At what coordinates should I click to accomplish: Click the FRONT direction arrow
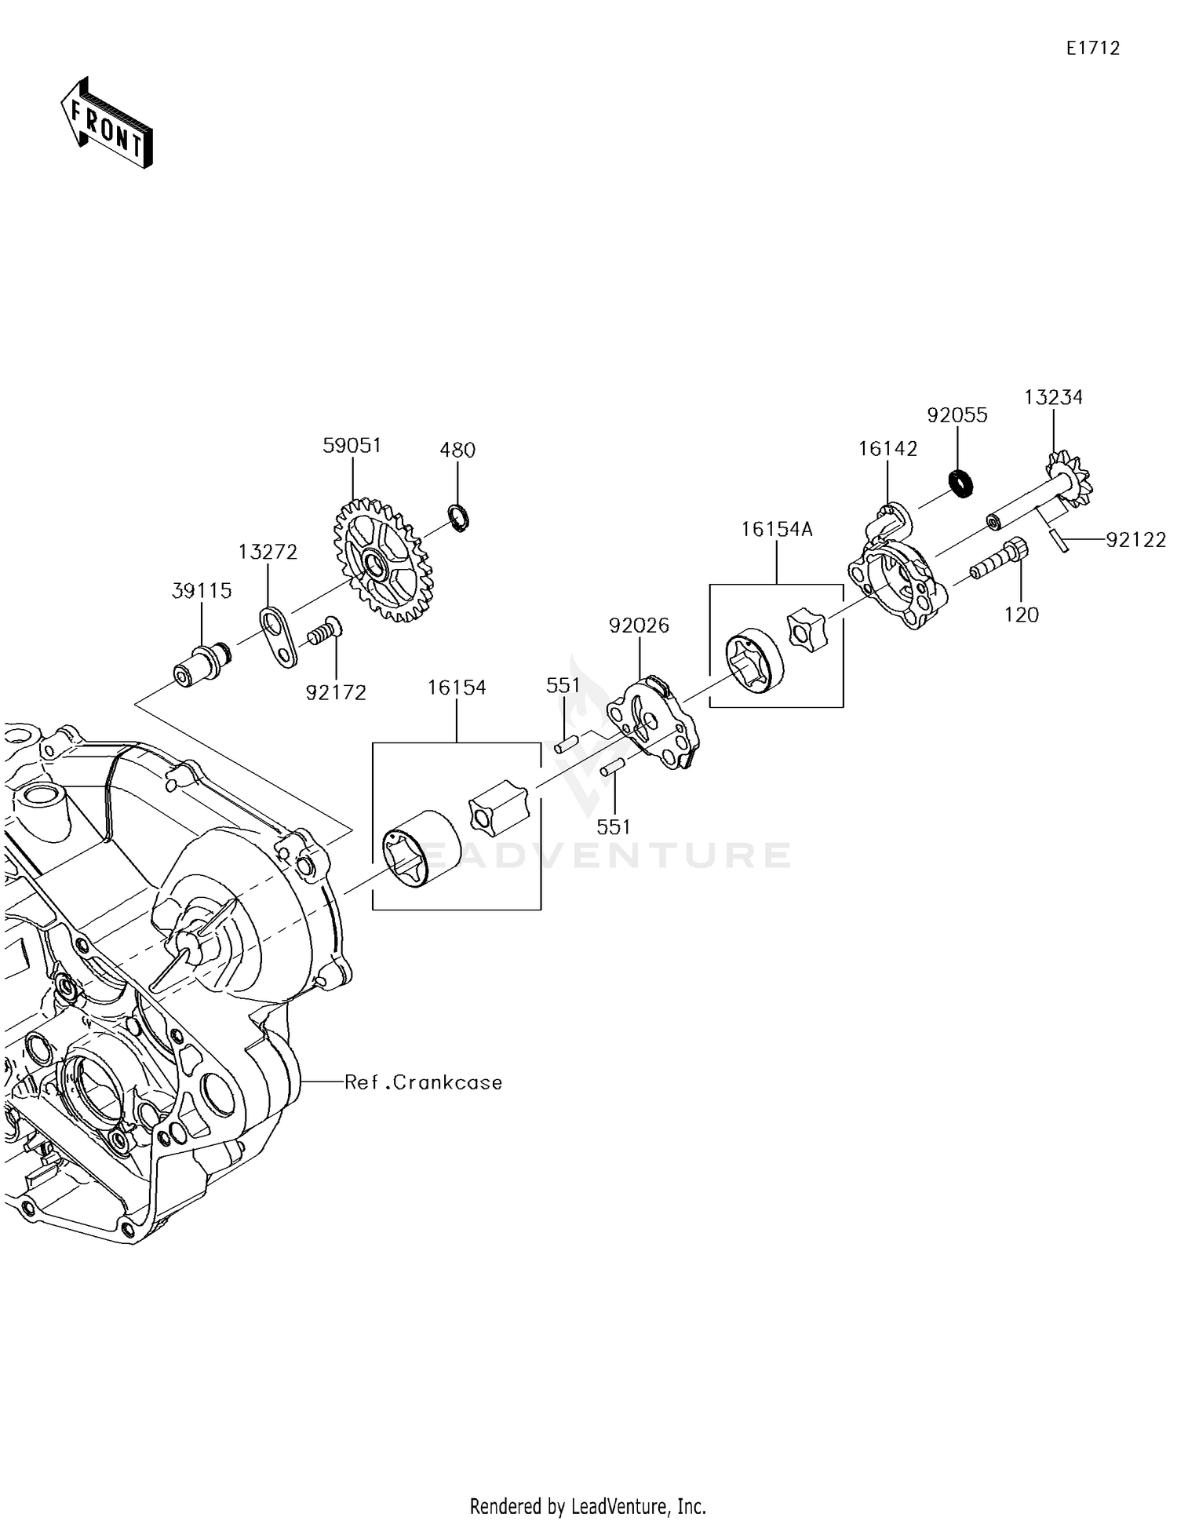(x=107, y=123)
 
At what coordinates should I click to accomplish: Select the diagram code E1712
(x=1092, y=49)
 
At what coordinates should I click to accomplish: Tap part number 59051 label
(x=352, y=446)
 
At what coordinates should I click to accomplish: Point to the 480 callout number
(x=457, y=450)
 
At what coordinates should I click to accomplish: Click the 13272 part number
(x=268, y=553)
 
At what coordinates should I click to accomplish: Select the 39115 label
(x=202, y=591)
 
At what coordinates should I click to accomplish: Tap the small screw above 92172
(x=324, y=629)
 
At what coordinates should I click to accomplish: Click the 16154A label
(x=777, y=530)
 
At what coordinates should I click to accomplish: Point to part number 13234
(x=1053, y=398)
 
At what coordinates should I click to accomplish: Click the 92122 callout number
(x=1135, y=540)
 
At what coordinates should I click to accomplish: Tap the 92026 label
(x=640, y=626)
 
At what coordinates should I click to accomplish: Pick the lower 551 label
(x=614, y=826)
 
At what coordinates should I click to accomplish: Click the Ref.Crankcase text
(x=424, y=1082)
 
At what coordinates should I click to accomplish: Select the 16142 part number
(x=887, y=449)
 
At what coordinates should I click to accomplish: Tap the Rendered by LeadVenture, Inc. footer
(x=588, y=1506)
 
